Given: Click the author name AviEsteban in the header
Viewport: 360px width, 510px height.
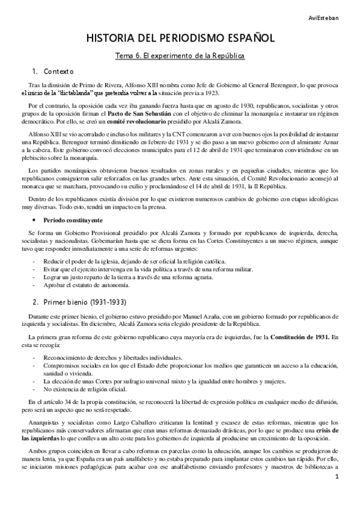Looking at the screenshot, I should pos(337,9).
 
